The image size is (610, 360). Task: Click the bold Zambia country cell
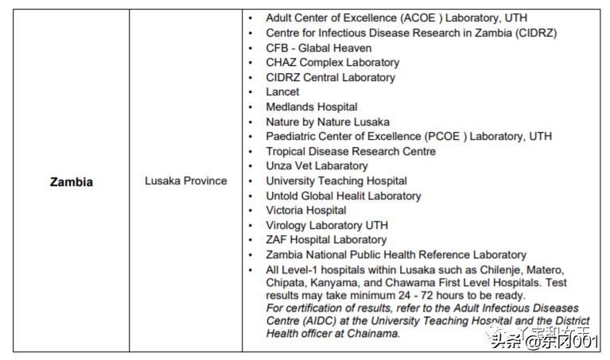pos(71,182)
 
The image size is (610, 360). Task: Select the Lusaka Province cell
pos(185,181)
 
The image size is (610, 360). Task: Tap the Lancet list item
pos(282,92)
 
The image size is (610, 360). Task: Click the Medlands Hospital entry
pos(311,106)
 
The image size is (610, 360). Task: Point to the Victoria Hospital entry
pos(305,211)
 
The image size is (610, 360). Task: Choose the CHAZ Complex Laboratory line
pos(332,62)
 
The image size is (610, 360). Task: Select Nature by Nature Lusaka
pos(328,122)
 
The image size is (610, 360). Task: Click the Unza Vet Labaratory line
pos(317,166)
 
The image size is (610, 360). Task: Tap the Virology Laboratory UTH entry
pos(327,226)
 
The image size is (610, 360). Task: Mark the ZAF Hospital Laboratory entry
pos(326,240)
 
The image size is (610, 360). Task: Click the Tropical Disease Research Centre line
pos(351,152)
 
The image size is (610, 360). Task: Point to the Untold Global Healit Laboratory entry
pos(344,196)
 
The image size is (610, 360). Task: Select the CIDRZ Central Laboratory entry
pos(330,77)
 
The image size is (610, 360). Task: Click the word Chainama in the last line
pos(374,334)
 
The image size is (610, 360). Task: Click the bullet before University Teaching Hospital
pos(251,181)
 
